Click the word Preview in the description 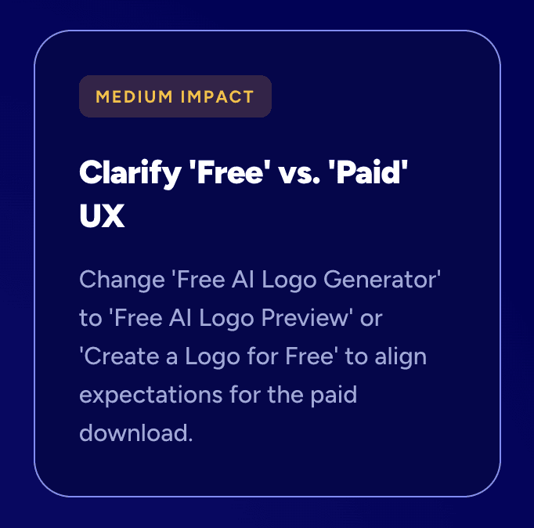tap(311, 318)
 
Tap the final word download tap(135, 433)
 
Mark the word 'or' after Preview tap(372, 318)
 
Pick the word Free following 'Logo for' tap(306, 356)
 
